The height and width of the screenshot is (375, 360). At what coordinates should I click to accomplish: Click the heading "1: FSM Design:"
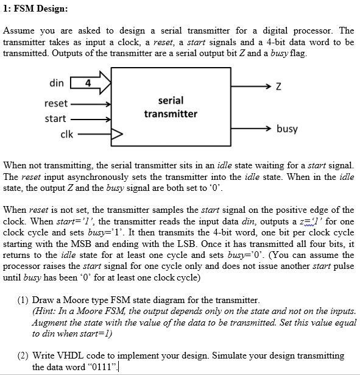point(35,9)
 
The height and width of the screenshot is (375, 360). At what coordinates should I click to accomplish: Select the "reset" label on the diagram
point(56,104)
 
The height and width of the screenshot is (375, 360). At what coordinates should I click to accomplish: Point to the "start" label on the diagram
point(55,118)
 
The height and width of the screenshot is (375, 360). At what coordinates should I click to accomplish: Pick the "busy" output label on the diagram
point(287,129)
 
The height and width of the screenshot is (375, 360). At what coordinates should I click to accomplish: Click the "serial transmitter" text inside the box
point(171,107)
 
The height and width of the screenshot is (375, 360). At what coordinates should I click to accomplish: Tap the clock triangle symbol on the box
point(116,133)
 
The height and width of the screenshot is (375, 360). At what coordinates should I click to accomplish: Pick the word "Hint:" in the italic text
point(43,311)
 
